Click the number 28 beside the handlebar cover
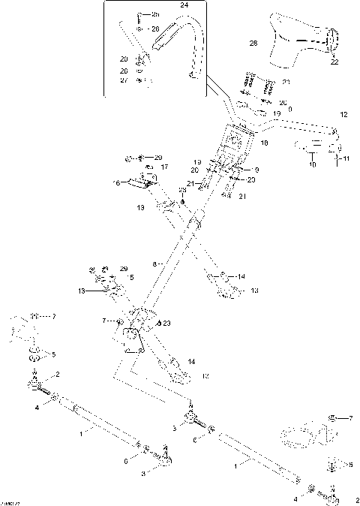(253, 44)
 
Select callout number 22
(334, 62)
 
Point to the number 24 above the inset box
(184, 5)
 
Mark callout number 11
(346, 159)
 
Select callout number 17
(164, 167)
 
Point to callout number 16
(116, 182)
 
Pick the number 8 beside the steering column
(154, 264)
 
